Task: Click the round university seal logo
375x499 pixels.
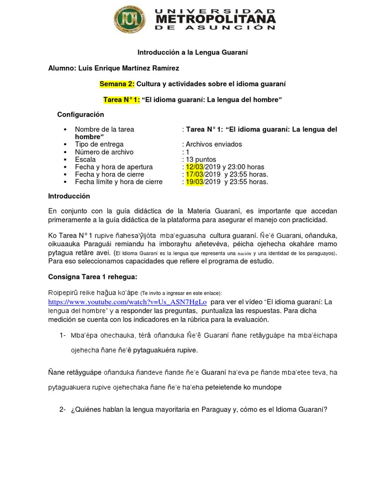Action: [129, 19]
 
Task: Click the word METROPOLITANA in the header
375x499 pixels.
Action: [215, 19]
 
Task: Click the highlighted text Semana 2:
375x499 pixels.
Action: [117, 84]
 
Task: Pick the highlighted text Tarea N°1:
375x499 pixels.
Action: [122, 99]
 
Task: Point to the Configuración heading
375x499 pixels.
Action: [81, 115]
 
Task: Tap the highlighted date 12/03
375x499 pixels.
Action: [194, 167]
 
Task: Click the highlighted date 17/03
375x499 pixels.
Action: [194, 174]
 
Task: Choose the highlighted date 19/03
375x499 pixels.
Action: [194, 182]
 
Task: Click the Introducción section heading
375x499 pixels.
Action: [69, 196]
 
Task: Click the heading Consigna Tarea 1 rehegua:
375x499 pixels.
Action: [93, 277]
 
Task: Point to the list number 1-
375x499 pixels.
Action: [62, 336]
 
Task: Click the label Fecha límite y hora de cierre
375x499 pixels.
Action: [119, 182]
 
